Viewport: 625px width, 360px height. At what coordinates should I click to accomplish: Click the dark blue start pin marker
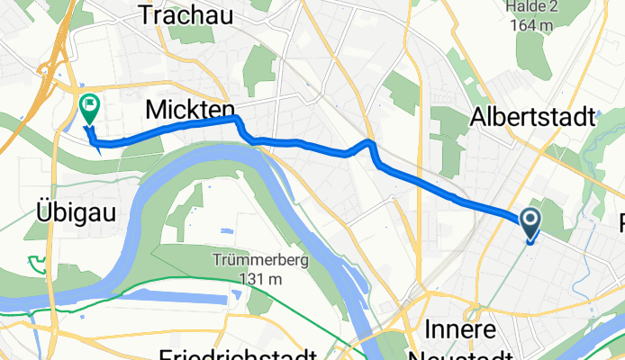(x=529, y=221)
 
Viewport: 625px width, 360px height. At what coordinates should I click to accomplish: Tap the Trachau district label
(x=187, y=14)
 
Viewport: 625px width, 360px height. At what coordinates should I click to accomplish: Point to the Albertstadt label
(x=533, y=118)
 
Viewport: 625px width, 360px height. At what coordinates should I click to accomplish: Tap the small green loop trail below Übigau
(x=36, y=263)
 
